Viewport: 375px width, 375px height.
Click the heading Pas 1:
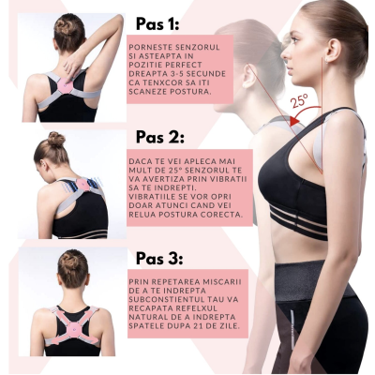coord(157,24)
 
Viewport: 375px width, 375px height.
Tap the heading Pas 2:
coord(160,137)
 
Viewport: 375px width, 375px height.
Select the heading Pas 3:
coord(159,259)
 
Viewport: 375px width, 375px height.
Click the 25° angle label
coord(300,100)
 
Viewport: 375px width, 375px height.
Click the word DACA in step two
coord(138,161)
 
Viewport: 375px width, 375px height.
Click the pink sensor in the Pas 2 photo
coord(82,185)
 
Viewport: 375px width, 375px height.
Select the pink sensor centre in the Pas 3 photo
coord(74,328)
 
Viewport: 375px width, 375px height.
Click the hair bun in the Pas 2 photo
coord(56,139)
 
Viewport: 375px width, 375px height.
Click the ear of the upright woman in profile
coord(332,51)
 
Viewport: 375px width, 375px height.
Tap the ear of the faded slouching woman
coord(247,76)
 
